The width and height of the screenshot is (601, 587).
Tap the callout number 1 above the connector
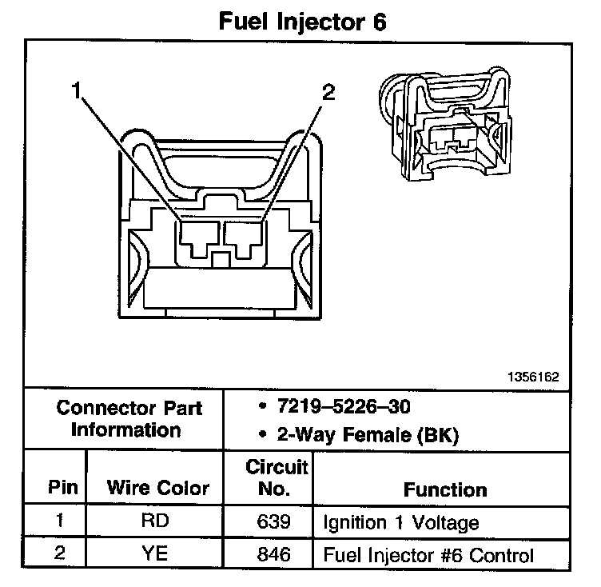[x=78, y=92]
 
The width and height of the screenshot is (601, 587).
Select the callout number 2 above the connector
[x=327, y=92]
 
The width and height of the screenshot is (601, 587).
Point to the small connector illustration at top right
[x=445, y=127]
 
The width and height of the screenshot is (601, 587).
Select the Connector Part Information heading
[x=129, y=418]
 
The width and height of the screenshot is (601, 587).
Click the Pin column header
[x=58, y=488]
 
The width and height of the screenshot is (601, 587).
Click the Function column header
[x=444, y=489]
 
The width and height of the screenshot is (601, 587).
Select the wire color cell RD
[x=156, y=522]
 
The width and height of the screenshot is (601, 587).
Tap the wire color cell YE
[x=156, y=553]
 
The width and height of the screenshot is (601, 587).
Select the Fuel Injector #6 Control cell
[x=428, y=554]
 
